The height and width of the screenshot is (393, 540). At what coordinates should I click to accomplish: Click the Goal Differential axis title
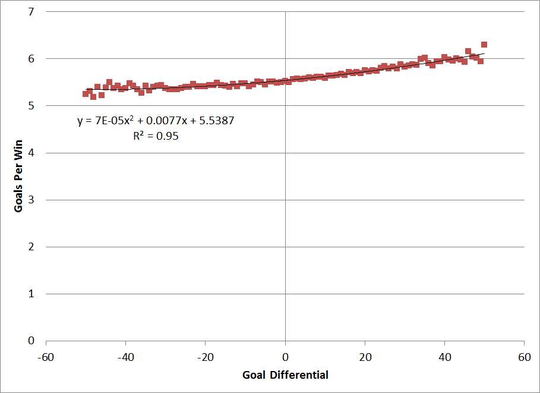tap(285, 375)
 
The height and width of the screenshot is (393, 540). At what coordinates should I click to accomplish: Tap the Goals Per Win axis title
tap(18, 177)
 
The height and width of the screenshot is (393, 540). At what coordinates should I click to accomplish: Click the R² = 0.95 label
tap(156, 136)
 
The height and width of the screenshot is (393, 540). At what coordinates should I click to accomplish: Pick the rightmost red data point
tap(484, 45)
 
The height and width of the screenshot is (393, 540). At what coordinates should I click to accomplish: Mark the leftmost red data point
tap(86, 94)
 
